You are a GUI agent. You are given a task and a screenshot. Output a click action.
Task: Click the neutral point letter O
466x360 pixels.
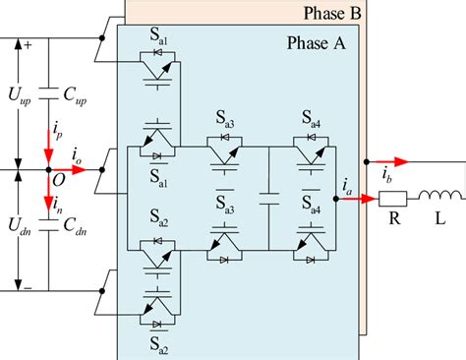[59, 181]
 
